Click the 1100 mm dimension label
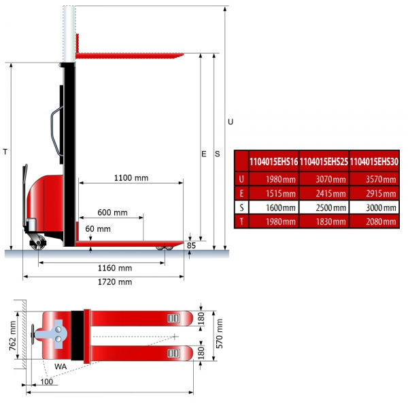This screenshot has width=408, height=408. point(131,178)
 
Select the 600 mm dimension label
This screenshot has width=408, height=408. point(112,213)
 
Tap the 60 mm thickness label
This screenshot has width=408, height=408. point(98,228)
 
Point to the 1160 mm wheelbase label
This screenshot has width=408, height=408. point(115,268)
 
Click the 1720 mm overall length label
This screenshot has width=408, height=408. point(115,282)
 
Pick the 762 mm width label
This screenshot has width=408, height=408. point(13,336)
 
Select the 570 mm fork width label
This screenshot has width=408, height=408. point(220,334)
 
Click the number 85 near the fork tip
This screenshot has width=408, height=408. point(191,245)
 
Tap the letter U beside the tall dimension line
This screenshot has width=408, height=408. point(231,122)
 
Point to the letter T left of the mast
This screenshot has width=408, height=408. point(5,152)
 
